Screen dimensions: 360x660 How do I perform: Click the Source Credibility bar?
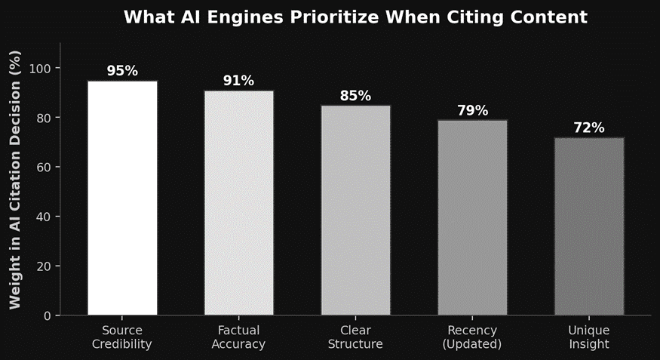click(x=122, y=198)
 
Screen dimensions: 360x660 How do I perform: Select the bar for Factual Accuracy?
click(x=238, y=202)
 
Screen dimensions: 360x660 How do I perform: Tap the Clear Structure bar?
click(x=355, y=210)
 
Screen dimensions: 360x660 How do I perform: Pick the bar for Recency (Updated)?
click(x=472, y=217)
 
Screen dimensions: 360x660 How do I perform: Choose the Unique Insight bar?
click(x=589, y=226)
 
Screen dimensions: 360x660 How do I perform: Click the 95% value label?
click(x=122, y=71)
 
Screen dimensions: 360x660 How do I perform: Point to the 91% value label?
click(x=238, y=81)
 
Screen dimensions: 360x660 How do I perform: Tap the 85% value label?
click(x=355, y=96)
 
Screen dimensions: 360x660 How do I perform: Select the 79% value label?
click(x=472, y=111)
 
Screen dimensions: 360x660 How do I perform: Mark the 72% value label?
click(x=589, y=128)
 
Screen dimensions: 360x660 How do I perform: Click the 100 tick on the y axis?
click(x=41, y=68)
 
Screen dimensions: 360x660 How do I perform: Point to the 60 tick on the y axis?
click(x=44, y=168)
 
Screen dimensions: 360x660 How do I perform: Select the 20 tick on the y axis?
click(x=44, y=266)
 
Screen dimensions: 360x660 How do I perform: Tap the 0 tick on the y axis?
click(x=47, y=315)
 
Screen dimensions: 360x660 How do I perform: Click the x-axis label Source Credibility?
click(x=122, y=337)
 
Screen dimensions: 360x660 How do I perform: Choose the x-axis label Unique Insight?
click(x=589, y=337)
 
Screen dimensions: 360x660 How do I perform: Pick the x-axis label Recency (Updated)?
click(x=472, y=337)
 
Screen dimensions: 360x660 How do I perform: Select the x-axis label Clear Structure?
click(x=355, y=337)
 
